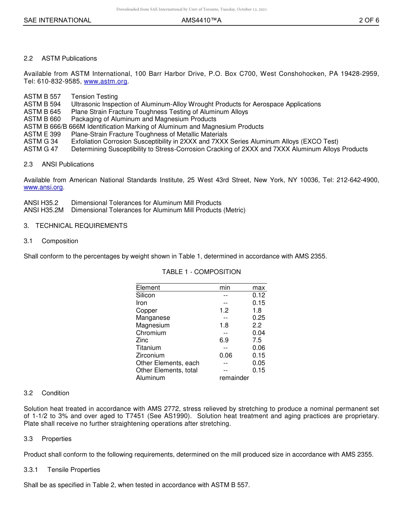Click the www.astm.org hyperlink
coord(105,81)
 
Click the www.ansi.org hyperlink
coord(43,187)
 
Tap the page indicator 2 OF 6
coord(369,20)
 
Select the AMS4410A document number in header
coord(201,20)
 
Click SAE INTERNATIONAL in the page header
coord(57,20)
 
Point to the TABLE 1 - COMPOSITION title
coord(201,272)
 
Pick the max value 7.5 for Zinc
coord(257,340)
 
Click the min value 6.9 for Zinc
coord(224,340)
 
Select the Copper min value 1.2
coord(224,310)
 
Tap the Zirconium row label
coord(150,355)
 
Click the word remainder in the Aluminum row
coord(234,378)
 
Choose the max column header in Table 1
coord(258,288)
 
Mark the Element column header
coord(148,288)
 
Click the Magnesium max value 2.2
coord(257,325)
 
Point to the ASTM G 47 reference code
coord(41,149)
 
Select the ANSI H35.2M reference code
coord(44,210)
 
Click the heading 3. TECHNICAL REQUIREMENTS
coord(76,226)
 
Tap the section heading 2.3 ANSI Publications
coord(59,164)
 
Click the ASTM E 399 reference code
coord(42,134)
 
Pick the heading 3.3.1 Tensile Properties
coord(62,470)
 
